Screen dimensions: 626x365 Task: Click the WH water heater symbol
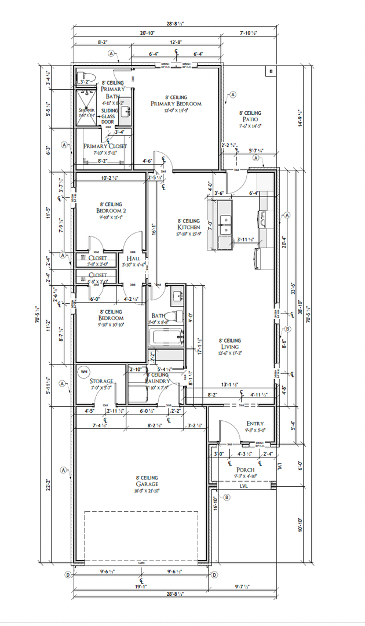click(x=83, y=371)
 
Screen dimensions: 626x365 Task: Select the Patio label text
click(x=251, y=119)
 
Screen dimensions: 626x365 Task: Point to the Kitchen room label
click(x=189, y=227)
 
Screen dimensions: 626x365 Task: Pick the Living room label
click(x=229, y=347)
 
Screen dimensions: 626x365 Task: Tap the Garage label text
click(x=147, y=484)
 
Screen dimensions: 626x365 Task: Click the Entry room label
click(x=256, y=424)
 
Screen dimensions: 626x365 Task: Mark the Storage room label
click(x=101, y=381)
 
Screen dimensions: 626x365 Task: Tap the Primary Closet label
click(x=105, y=146)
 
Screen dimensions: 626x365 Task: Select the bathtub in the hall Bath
click(x=166, y=337)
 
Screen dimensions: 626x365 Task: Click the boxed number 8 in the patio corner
click(x=270, y=71)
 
